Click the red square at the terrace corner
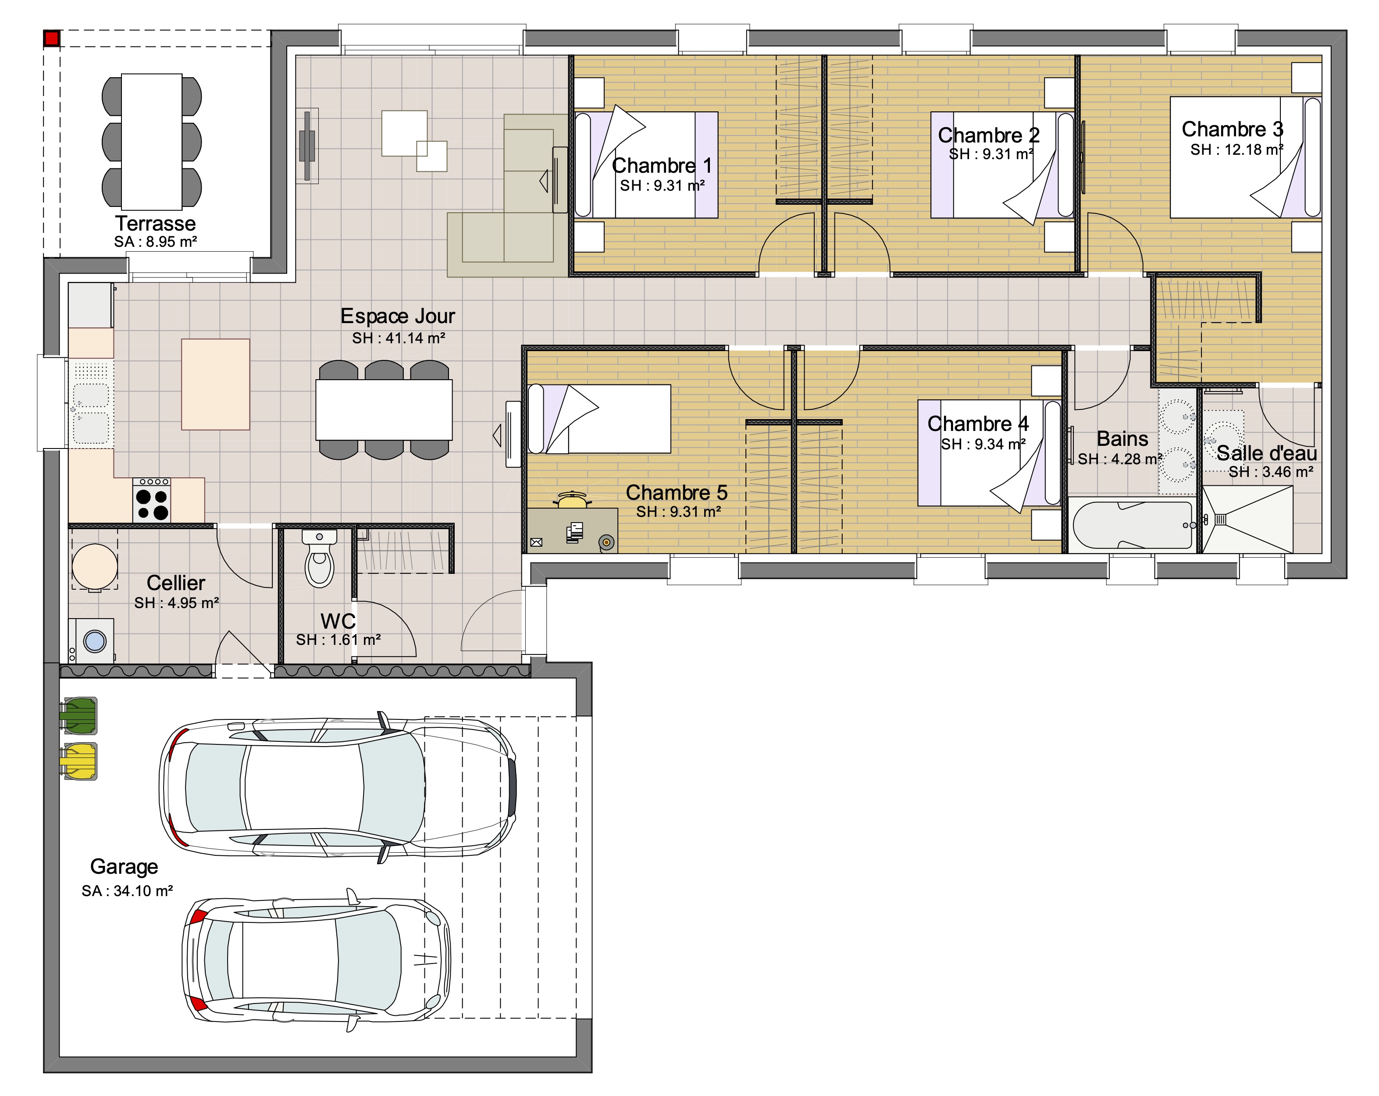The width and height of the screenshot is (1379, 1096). [52, 39]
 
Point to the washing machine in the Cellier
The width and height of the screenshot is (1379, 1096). [92, 640]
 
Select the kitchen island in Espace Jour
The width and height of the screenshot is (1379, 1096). [216, 384]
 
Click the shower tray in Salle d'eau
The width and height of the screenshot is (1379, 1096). [1248, 519]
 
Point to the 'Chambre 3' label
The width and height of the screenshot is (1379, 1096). [1233, 129]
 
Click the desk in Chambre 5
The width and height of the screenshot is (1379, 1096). [573, 530]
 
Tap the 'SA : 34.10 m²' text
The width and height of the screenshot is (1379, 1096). [127, 891]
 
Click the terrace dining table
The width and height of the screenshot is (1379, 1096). [152, 141]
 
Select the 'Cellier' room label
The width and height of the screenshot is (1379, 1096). [176, 583]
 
